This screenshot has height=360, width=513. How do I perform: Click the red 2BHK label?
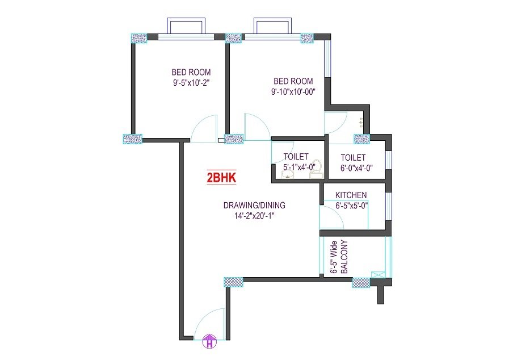coord(221,178)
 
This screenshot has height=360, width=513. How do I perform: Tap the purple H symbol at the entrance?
coord(210,342)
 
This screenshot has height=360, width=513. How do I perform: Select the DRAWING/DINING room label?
coord(254,205)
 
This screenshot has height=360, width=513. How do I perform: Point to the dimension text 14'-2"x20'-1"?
coord(254,216)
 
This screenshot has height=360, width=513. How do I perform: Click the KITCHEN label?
coord(351,195)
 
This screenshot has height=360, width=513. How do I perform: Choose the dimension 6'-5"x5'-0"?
coord(352,206)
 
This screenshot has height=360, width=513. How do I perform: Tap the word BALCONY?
coord(344,257)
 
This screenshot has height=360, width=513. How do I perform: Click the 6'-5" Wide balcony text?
coord(333,258)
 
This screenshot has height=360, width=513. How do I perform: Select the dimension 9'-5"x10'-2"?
coord(191,82)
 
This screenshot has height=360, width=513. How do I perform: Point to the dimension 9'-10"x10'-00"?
coord(293,91)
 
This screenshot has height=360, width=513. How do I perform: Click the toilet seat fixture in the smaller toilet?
coord(317,171)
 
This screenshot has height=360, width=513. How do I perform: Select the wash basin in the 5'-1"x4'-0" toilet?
coord(288,175)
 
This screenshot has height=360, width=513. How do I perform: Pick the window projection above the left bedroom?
coord(187,26)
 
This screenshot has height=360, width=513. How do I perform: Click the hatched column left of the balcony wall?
coord(361,282)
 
